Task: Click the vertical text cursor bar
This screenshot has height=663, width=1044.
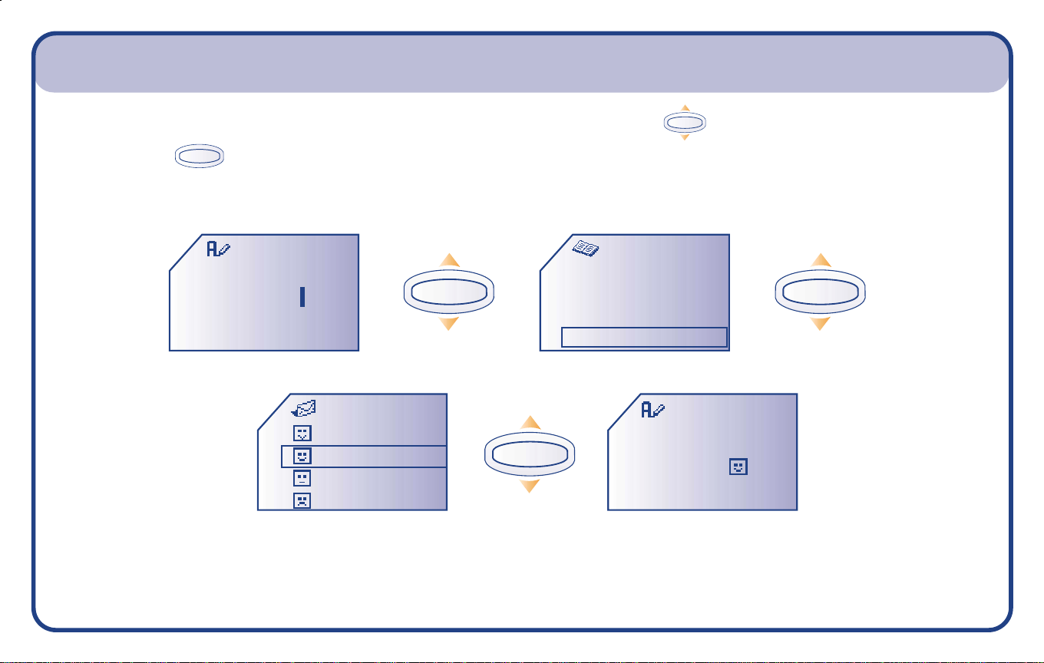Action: [302, 298]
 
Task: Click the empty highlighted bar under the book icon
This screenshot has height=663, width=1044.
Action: [644, 337]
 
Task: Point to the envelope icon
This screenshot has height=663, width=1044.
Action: [304, 409]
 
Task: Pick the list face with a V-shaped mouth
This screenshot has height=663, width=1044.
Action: [302, 434]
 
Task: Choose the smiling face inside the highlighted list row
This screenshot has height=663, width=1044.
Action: [302, 457]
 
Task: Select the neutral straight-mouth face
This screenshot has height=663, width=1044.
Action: [302, 479]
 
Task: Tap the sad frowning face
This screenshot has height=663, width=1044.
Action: [302, 501]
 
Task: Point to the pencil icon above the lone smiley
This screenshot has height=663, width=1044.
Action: [653, 410]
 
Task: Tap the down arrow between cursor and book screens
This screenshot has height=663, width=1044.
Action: [450, 323]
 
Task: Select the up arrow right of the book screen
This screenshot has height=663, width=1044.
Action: [821, 260]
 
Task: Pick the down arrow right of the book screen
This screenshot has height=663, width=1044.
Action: [821, 323]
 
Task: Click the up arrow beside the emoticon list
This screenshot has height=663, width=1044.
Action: [530, 423]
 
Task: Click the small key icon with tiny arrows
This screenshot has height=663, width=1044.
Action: [685, 123]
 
